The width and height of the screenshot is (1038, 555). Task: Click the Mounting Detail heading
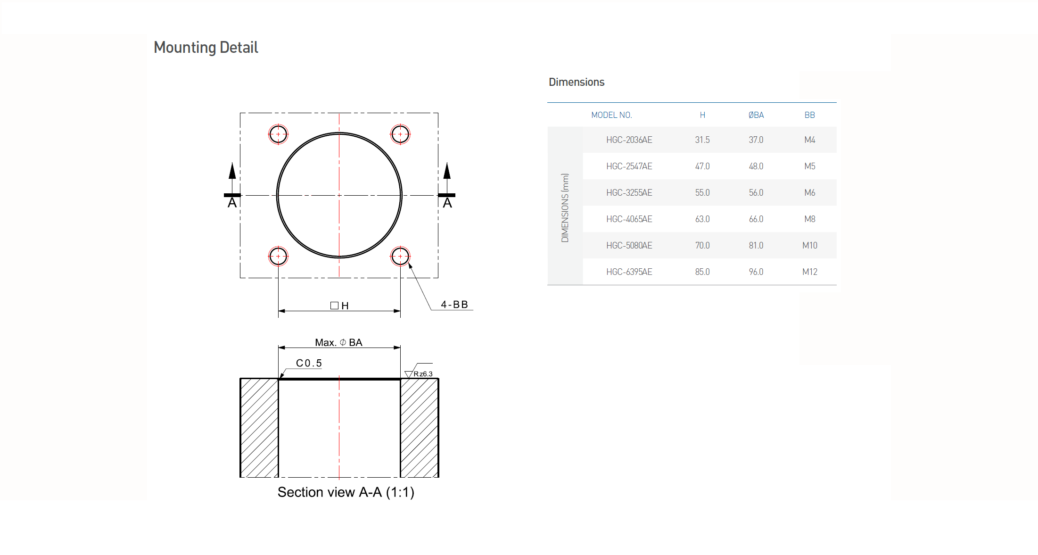point(206,48)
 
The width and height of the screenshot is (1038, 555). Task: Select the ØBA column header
point(756,115)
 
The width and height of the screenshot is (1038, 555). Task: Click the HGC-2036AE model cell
point(629,140)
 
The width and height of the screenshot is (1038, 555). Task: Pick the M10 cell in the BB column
point(810,246)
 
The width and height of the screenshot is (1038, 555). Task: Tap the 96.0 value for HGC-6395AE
point(756,272)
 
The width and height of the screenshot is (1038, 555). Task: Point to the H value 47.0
point(702,166)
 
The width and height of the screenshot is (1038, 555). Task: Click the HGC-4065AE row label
point(629,219)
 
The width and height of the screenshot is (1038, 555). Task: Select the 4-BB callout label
point(454,305)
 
